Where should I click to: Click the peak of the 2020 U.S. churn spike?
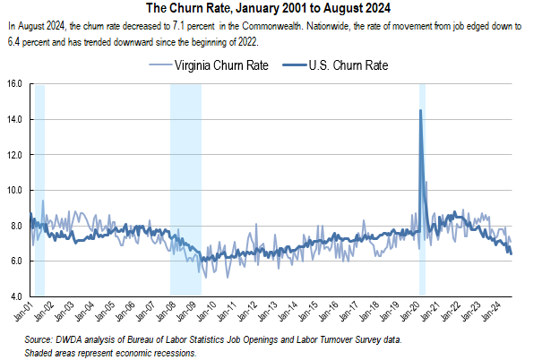[x=420, y=110]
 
